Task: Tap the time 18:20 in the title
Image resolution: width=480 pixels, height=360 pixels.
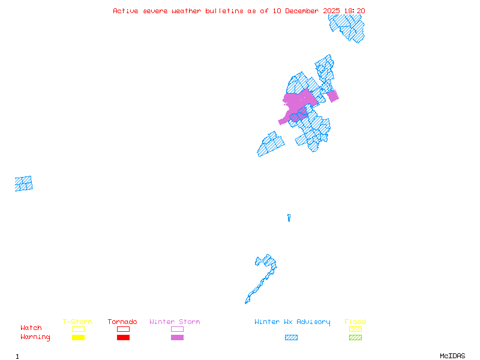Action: tap(354, 11)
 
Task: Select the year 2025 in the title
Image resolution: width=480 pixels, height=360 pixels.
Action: tap(332, 11)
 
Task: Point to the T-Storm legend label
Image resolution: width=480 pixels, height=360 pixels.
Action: tap(77, 322)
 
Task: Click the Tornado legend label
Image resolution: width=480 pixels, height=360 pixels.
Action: tap(122, 322)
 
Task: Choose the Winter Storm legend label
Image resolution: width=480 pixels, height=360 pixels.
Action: tap(175, 322)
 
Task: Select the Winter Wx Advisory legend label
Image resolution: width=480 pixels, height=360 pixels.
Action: tap(292, 322)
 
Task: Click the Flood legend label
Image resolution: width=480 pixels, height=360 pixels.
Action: tap(355, 322)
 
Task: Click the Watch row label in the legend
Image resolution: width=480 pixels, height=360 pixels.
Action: tap(31, 328)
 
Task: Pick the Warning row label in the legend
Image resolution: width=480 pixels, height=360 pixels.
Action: tap(35, 337)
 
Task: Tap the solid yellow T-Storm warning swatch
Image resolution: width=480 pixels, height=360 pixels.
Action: tap(78, 337)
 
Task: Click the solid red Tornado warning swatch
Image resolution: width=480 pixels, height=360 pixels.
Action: tap(123, 337)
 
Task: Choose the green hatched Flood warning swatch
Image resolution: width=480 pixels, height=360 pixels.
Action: tap(355, 337)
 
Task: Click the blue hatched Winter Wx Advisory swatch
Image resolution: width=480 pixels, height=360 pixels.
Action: tap(291, 337)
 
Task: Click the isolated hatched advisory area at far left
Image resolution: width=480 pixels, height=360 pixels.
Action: tap(24, 184)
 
